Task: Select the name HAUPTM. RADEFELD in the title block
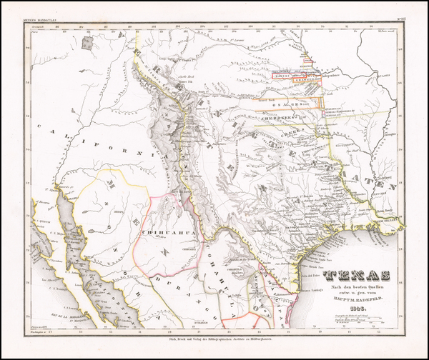point(355,308)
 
